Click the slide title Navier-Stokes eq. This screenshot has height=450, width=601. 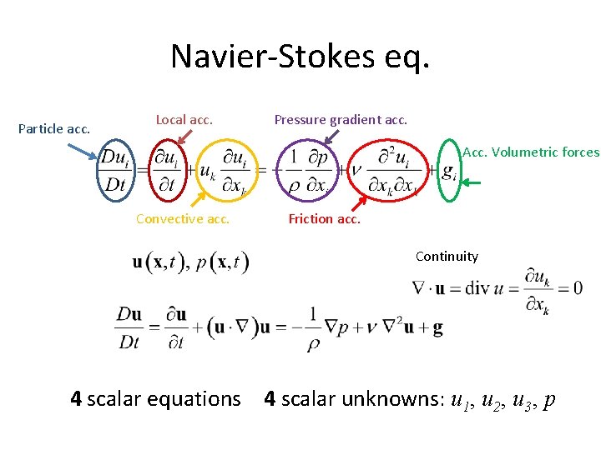click(300, 57)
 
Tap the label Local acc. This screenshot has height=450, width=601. click(184, 120)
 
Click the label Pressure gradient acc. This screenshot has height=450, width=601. click(341, 120)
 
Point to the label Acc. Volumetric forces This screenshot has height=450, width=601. click(531, 152)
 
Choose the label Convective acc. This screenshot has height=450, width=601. click(182, 219)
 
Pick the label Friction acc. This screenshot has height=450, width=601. click(324, 219)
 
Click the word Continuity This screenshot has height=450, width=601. click(447, 257)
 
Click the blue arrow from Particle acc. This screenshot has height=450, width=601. click(81, 150)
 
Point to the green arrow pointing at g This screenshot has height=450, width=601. click(476, 182)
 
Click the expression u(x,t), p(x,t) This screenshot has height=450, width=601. click(191, 262)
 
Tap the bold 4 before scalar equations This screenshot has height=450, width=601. click(76, 399)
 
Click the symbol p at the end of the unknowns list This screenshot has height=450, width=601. click(548, 401)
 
